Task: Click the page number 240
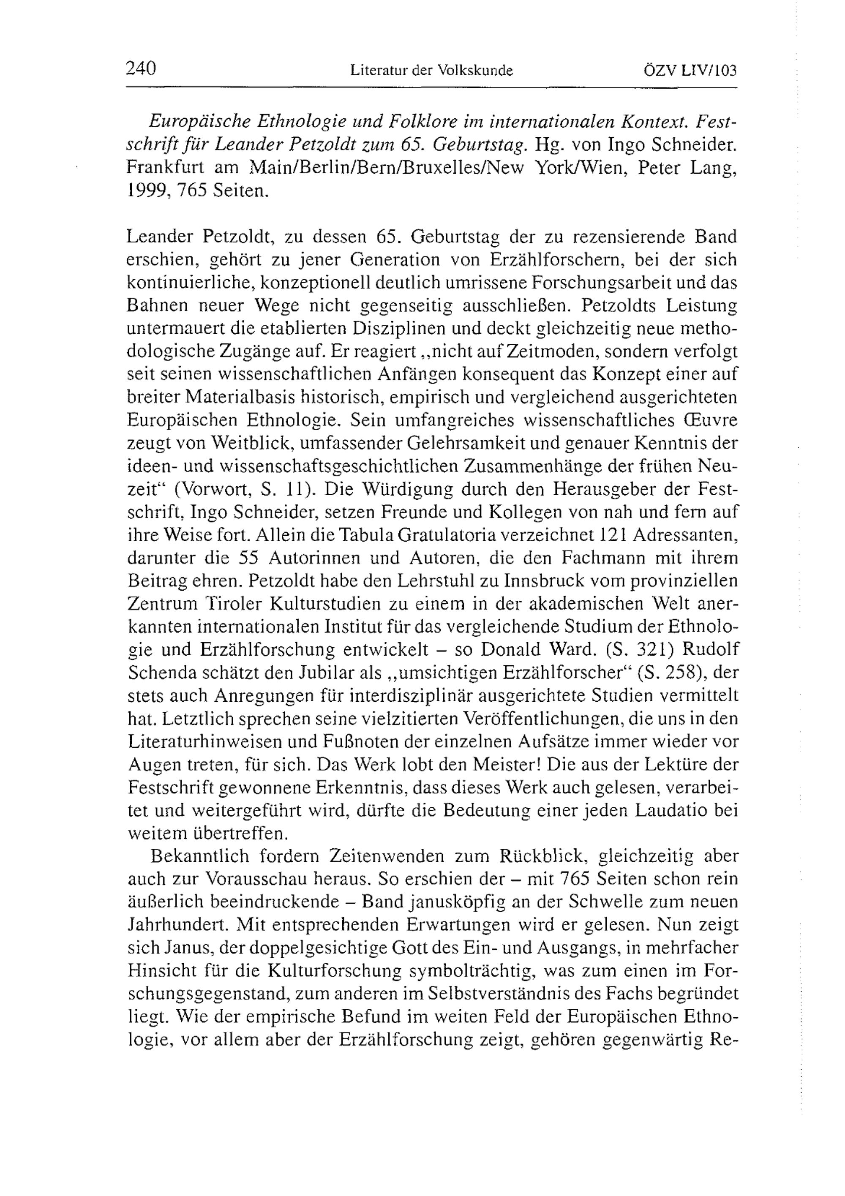point(141,68)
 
